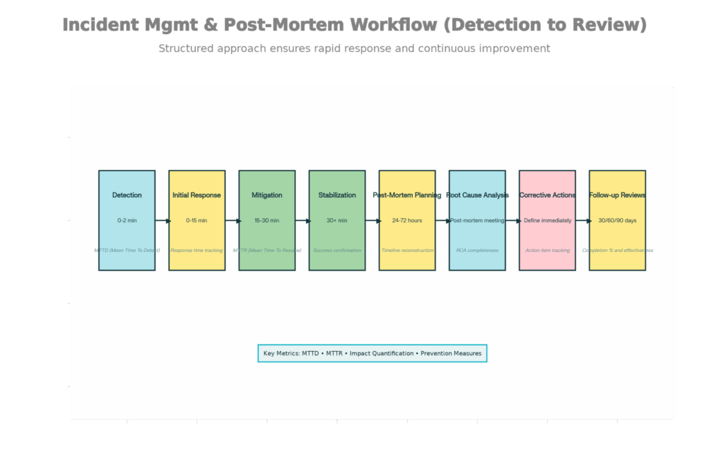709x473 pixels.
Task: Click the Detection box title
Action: [127, 195]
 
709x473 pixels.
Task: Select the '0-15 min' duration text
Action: [197, 220]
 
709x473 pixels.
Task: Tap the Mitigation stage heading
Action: [267, 195]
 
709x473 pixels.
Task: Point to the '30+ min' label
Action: [337, 220]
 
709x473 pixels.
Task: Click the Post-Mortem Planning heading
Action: [407, 195]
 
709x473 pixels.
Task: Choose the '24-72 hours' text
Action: [407, 220]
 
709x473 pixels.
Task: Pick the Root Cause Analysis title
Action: [477, 195]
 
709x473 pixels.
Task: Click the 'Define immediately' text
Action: [548, 220]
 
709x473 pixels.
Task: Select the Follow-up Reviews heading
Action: [618, 195]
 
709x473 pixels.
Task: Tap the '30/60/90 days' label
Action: [618, 220]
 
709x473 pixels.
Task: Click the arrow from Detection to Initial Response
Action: [162, 221]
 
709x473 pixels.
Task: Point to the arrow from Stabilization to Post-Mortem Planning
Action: [373, 221]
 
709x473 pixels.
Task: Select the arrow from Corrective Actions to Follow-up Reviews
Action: [582, 221]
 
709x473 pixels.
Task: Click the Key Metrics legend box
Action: [373, 353]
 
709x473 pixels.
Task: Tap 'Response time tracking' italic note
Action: [197, 250]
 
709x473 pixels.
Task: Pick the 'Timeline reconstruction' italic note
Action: [407, 250]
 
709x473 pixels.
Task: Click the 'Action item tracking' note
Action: [548, 250]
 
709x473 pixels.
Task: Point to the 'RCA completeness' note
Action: [477, 250]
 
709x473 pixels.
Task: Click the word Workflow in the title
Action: [393, 25]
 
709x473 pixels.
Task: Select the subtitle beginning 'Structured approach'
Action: [354, 48]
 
